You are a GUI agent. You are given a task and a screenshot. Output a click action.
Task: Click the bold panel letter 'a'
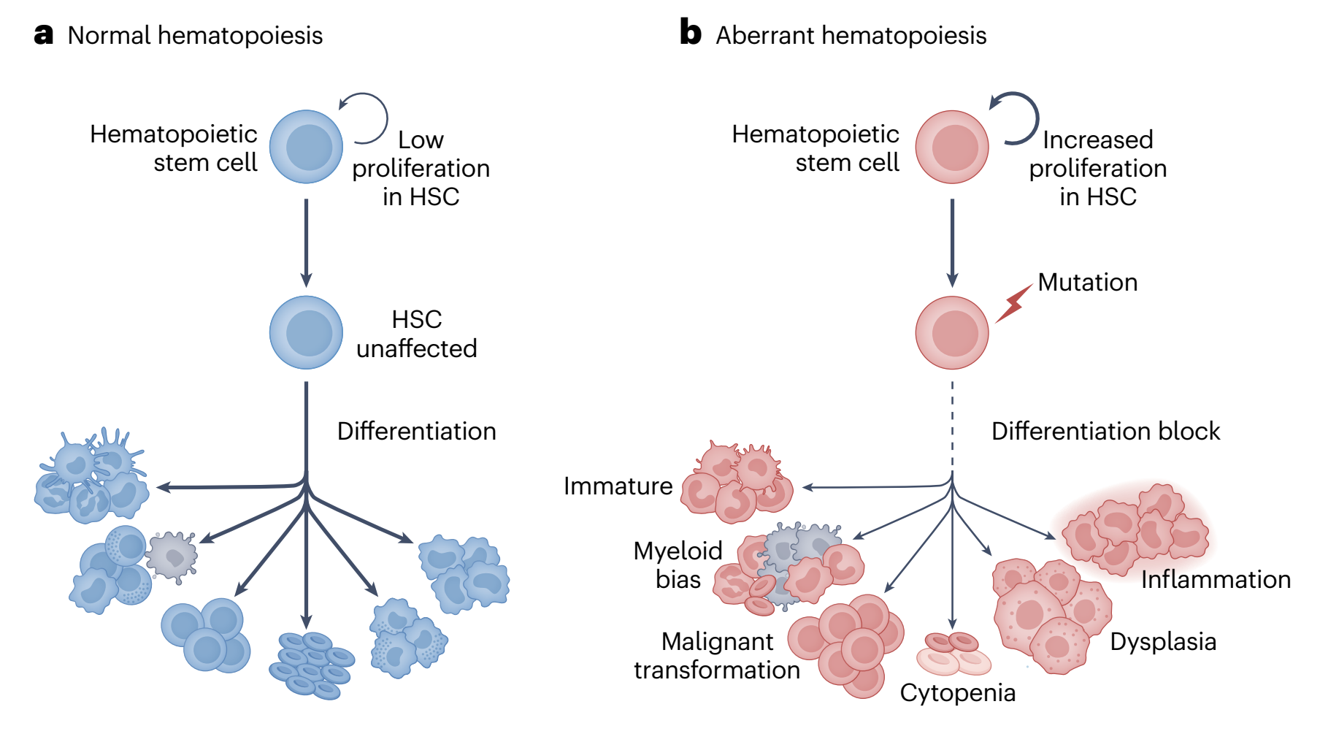pyautogui.click(x=44, y=34)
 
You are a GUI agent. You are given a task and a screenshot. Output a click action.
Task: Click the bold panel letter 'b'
pyautogui.click(x=690, y=33)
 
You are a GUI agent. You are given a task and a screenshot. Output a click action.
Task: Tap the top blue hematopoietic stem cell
pyautogui.click(x=306, y=146)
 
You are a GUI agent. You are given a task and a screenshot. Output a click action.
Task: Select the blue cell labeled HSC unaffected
pyautogui.click(x=306, y=332)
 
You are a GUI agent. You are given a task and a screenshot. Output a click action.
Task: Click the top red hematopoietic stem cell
pyautogui.click(x=952, y=146)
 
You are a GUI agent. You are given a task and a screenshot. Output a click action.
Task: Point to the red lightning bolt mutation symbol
pyautogui.click(x=1013, y=303)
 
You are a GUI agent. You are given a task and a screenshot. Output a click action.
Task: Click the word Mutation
pyautogui.click(x=1087, y=282)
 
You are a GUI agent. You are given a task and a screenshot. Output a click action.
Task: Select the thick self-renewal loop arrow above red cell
pyautogui.click(x=1019, y=115)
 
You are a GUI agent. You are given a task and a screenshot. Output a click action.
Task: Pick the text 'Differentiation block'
pyautogui.click(x=1105, y=431)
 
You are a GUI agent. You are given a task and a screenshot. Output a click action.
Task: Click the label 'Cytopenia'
pyautogui.click(x=957, y=692)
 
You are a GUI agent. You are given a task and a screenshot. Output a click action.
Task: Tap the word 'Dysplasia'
pyautogui.click(x=1163, y=641)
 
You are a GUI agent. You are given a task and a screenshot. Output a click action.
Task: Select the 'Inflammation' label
pyautogui.click(x=1216, y=579)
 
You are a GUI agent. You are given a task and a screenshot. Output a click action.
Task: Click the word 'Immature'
pyautogui.click(x=618, y=486)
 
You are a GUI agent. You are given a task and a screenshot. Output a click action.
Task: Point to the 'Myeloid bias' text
pyautogui.click(x=678, y=565)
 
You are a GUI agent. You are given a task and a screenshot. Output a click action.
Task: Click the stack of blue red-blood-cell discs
pyautogui.click(x=312, y=665)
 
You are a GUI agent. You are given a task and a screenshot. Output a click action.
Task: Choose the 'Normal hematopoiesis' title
pyautogui.click(x=195, y=35)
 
